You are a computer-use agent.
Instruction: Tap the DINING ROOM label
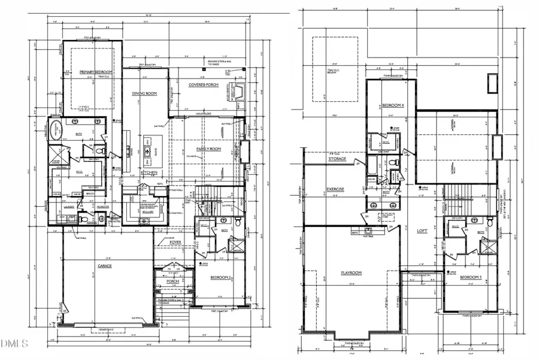pos(144,94)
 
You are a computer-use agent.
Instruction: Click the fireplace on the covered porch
pos(236,92)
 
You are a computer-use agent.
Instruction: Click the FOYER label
pos(175,242)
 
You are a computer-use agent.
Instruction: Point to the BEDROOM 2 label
pos(222,277)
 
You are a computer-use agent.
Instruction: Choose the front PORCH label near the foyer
pos(173,281)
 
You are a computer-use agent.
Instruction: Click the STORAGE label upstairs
pos(338,159)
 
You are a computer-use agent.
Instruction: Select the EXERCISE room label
pos(335,189)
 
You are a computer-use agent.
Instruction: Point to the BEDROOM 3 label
pos(471,277)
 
